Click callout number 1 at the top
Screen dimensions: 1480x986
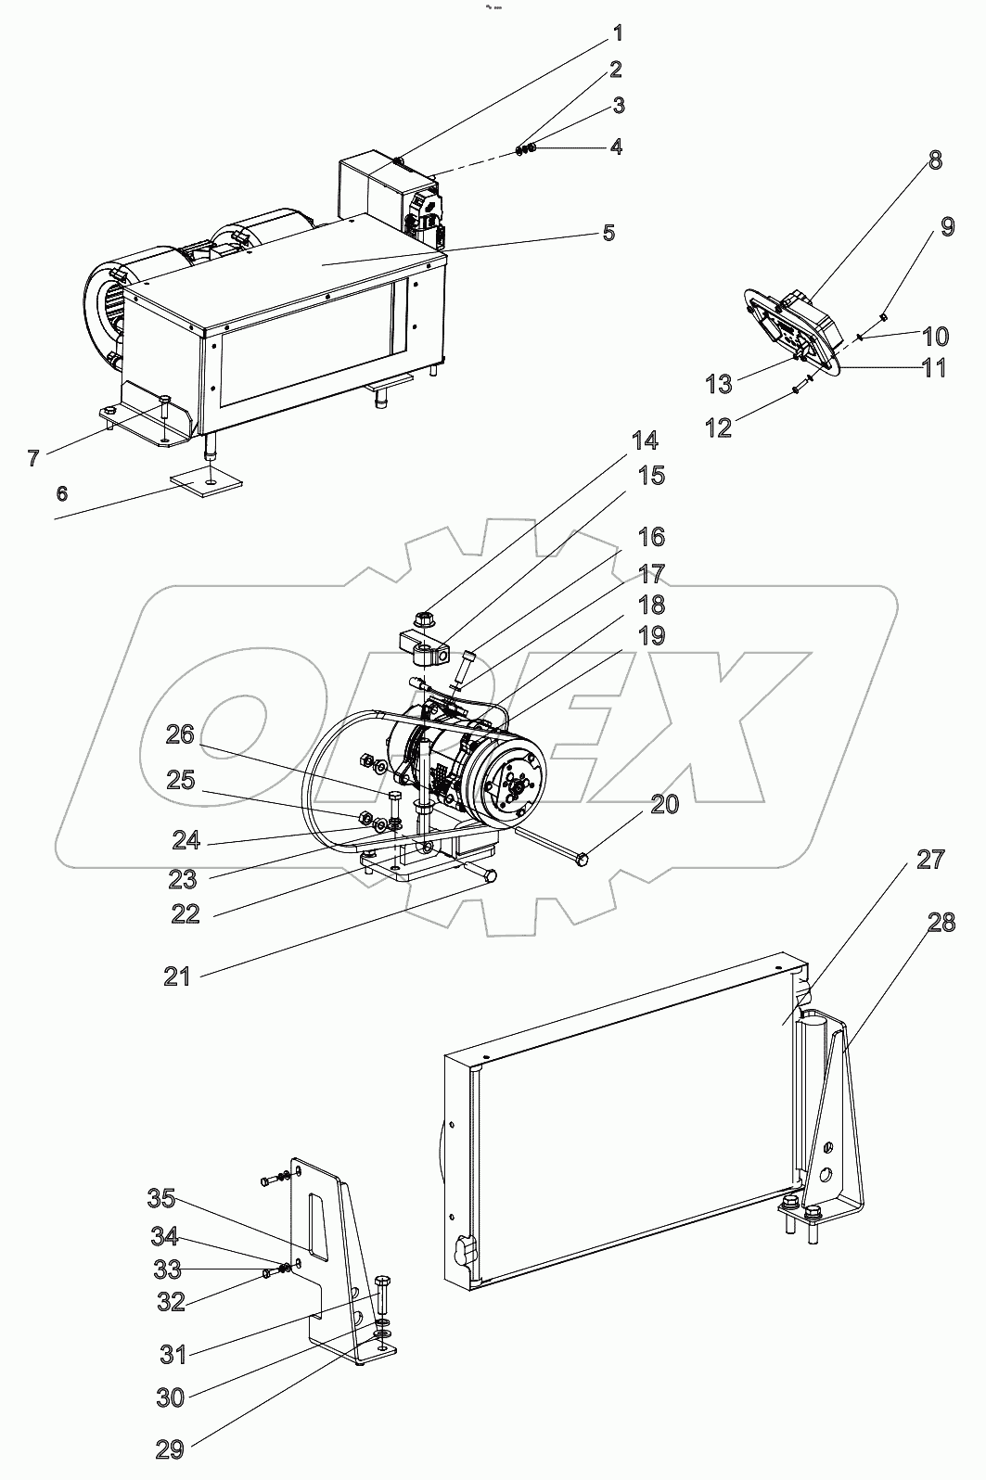point(617,33)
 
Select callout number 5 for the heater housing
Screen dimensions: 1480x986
point(608,232)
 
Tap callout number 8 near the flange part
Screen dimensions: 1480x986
point(934,159)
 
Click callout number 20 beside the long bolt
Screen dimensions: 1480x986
point(664,804)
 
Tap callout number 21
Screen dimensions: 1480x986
point(176,976)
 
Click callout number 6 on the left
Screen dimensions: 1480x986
point(61,492)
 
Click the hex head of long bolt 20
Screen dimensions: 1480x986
point(582,861)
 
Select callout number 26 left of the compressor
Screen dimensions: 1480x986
point(180,734)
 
